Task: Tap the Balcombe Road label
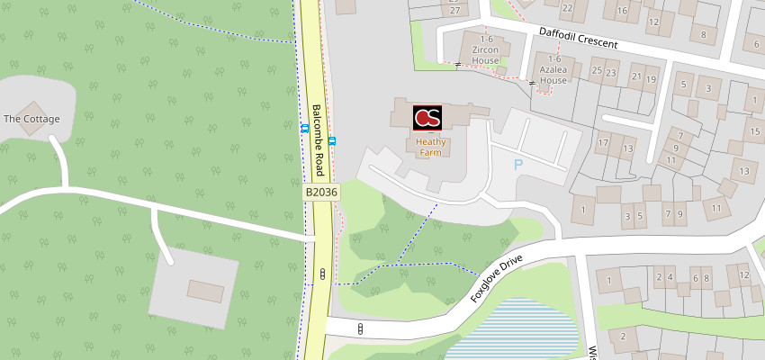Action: click(x=318, y=140)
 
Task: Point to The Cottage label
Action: click(x=31, y=119)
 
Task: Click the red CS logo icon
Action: click(x=427, y=118)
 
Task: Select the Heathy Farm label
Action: click(x=431, y=147)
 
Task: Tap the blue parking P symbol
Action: click(x=517, y=165)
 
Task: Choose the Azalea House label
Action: click(x=553, y=74)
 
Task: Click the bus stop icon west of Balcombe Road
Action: click(x=305, y=128)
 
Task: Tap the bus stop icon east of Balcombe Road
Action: click(x=332, y=140)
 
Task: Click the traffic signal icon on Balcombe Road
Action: click(x=320, y=272)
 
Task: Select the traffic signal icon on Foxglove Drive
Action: click(x=360, y=328)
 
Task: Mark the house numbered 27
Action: click(x=455, y=10)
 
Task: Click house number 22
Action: click(x=567, y=8)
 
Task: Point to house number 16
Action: click(x=622, y=11)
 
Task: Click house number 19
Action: click(x=651, y=78)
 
